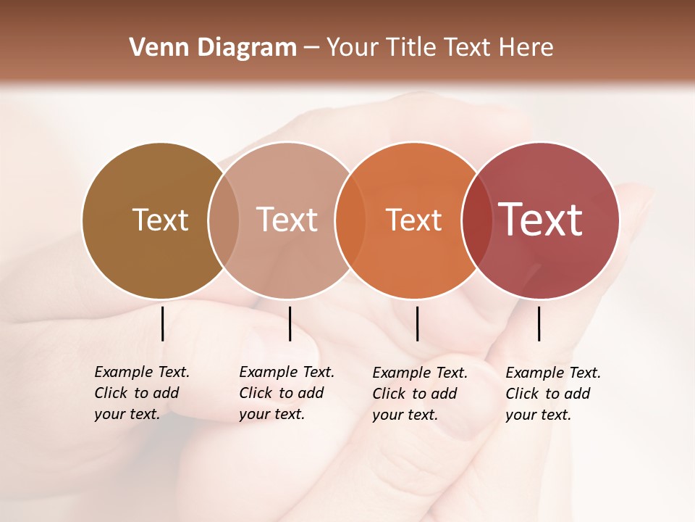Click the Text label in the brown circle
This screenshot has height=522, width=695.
point(160,220)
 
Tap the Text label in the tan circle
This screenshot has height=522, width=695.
point(287,220)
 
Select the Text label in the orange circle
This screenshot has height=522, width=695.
point(413,220)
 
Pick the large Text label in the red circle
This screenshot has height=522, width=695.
point(541,220)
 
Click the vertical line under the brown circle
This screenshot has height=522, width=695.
point(162,323)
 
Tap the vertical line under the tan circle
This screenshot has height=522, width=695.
point(290,323)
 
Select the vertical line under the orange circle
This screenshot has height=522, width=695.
point(417,323)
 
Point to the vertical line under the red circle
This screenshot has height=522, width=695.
point(539,323)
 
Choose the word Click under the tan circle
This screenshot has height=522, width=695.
point(256,394)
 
